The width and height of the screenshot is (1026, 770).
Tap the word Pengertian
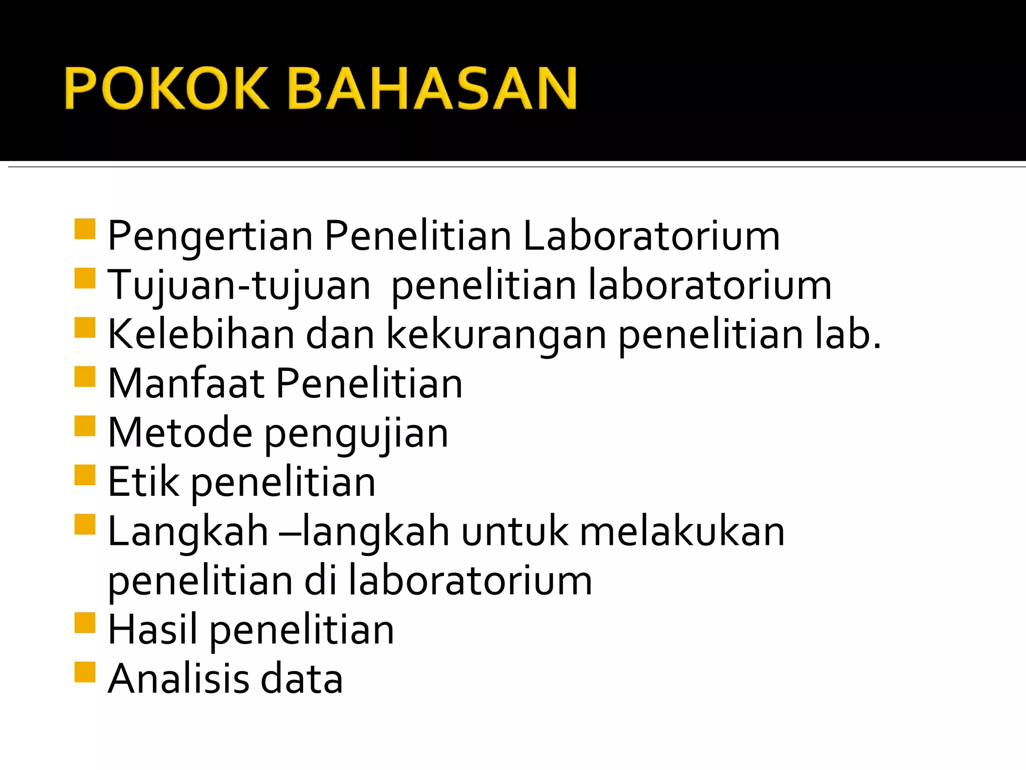210,237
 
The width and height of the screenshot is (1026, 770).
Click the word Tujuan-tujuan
239,286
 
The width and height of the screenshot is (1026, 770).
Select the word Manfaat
186,383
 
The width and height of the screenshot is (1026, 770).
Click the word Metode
180,433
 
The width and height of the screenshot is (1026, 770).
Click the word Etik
144,482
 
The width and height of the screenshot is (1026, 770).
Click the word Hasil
153,630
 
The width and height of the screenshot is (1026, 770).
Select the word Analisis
179,679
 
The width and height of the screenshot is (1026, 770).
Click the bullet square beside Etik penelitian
85,475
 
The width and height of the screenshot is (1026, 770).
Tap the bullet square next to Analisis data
85,672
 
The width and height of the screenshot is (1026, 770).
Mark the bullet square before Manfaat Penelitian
85,377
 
